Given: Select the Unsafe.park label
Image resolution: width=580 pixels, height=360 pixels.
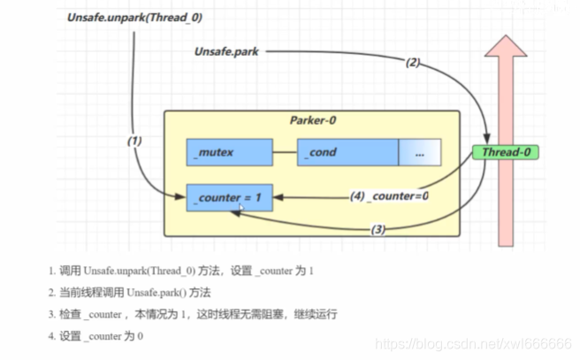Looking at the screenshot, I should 227,52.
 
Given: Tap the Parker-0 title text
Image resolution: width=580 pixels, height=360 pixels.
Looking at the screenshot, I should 313,120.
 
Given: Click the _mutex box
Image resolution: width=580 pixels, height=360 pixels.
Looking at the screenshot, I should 228,152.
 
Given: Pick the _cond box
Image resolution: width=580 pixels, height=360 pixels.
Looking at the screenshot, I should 347,152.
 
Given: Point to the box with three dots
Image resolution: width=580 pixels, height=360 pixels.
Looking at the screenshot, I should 419,152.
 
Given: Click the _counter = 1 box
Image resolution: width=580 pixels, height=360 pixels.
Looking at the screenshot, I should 227,197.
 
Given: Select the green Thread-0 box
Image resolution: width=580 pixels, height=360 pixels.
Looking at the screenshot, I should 505,152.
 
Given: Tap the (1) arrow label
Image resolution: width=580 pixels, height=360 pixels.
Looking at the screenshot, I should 134,140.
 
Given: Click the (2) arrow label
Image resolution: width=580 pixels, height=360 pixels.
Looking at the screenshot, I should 413,62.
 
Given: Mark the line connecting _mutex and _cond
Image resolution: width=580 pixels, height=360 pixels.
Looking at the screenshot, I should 283,152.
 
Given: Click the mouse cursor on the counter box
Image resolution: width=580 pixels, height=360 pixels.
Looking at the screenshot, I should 242,207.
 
